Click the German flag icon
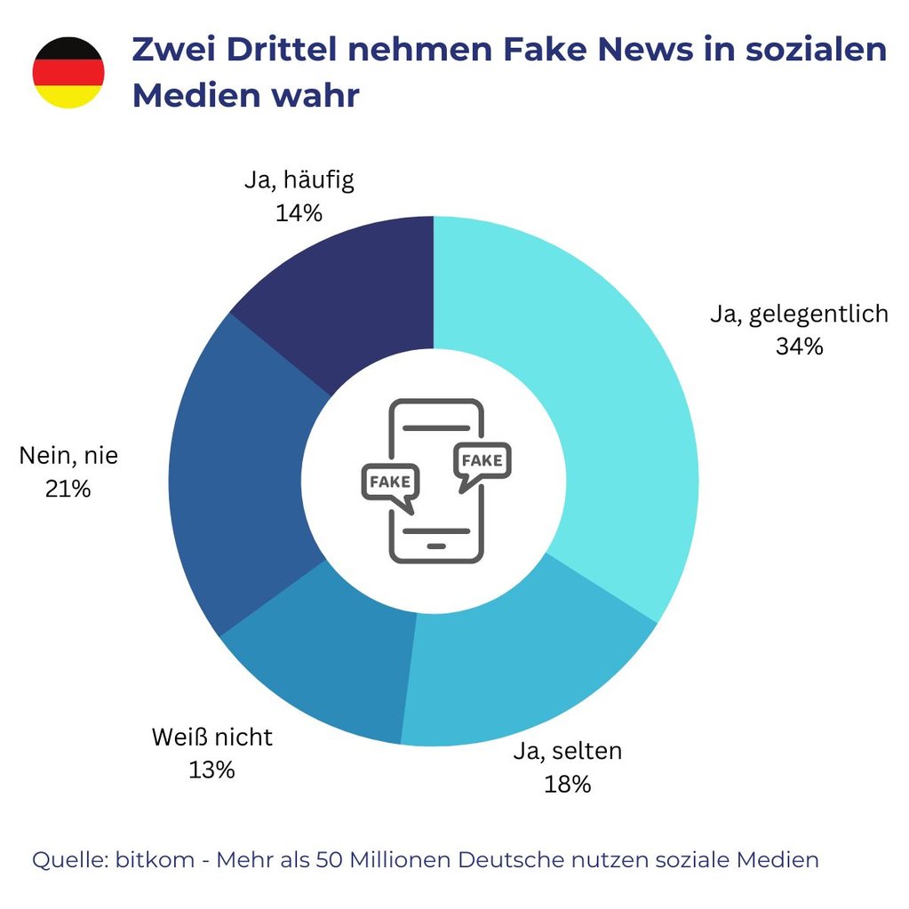point(68,73)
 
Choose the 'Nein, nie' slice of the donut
point(240,480)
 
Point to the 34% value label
point(799,347)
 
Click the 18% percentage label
point(567,784)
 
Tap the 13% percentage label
point(211,769)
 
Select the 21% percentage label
point(68,488)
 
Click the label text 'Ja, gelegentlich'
point(799,314)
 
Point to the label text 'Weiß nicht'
point(211,737)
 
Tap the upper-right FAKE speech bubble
point(482,463)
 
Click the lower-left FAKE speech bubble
point(389,482)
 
